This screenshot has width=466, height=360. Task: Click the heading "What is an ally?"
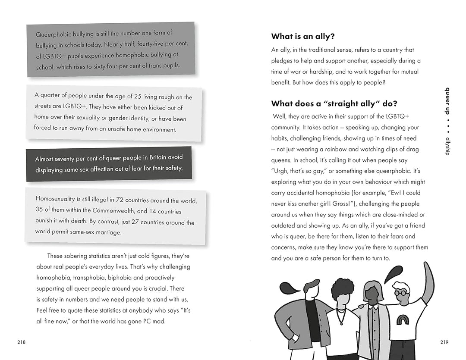303,37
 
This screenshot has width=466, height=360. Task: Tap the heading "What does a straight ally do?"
334,103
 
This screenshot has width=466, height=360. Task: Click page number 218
22,342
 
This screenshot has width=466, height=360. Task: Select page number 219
444,342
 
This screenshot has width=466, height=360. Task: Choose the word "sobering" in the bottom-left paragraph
81,256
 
